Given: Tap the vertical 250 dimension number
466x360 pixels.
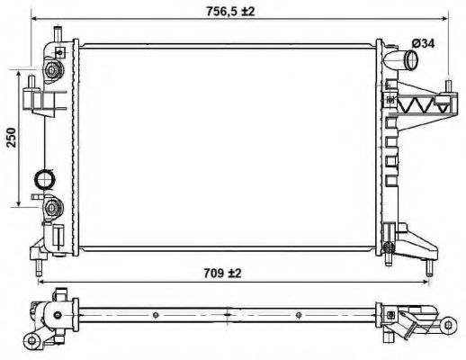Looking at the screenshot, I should pyautogui.click(x=12, y=138).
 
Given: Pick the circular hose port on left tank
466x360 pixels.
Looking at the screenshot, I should pyautogui.click(x=43, y=179).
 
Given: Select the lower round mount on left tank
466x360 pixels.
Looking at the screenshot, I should pyautogui.click(x=52, y=211).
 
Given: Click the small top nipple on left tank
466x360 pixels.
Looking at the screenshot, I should pyautogui.click(x=55, y=34).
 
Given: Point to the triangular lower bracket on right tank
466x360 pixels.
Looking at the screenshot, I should pyautogui.click(x=412, y=241).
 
